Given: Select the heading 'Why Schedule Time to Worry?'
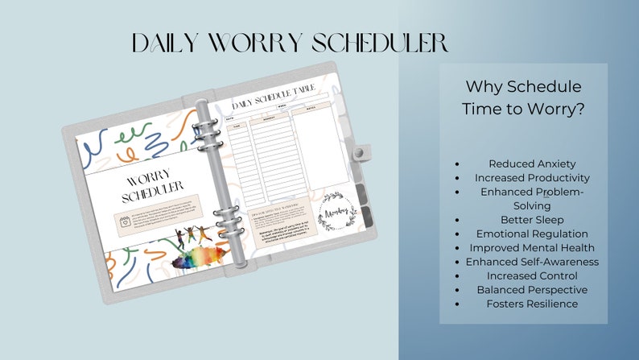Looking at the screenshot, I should point(523,98).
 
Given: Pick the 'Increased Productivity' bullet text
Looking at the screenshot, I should point(532,178).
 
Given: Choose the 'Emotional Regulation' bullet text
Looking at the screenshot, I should point(532,234).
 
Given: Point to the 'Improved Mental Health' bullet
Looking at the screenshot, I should point(532,247).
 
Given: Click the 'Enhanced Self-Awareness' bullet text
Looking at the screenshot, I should point(532,262).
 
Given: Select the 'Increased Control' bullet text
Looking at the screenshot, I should point(532,275).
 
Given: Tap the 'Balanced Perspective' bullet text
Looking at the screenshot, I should point(532,289).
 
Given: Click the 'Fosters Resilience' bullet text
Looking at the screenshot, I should point(532,304).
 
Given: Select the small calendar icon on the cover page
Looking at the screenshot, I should point(125,221).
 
